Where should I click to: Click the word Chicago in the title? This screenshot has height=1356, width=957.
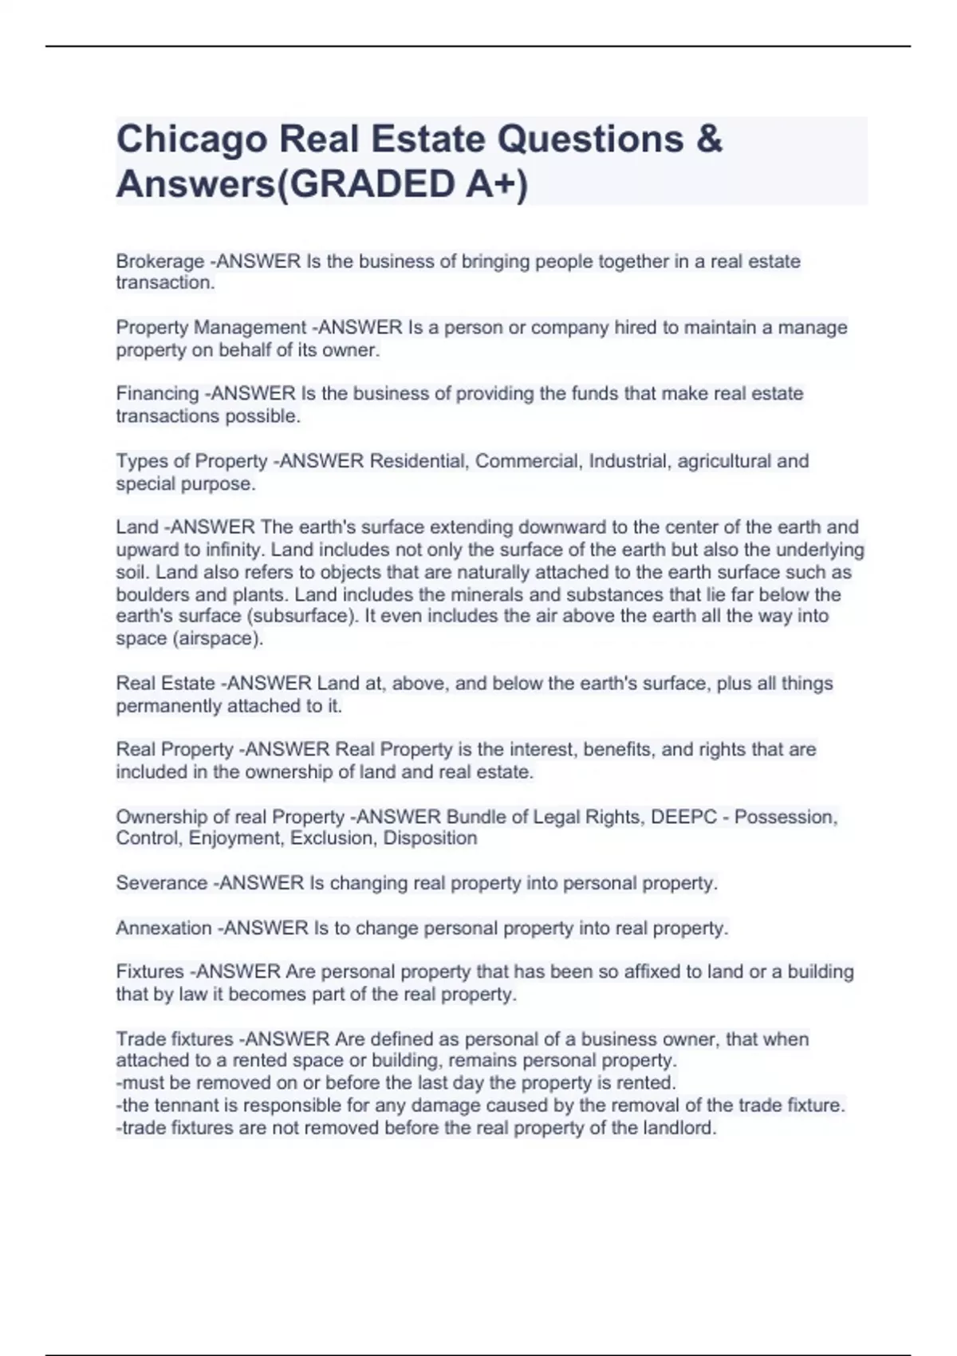[x=191, y=140]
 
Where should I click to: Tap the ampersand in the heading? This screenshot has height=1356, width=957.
[x=708, y=139]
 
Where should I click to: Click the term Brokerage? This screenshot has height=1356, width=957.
[x=159, y=262]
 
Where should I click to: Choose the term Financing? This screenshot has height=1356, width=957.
[x=157, y=394]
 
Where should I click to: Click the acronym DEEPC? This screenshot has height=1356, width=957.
[x=683, y=817]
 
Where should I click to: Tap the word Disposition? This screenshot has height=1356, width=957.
[x=430, y=838]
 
